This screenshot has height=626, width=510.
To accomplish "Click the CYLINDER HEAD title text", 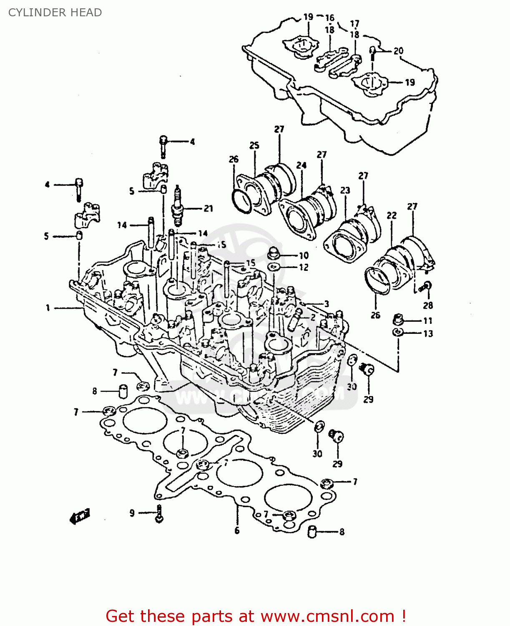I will (x=55, y=13).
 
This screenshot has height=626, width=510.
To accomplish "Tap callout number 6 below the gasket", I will (x=237, y=530).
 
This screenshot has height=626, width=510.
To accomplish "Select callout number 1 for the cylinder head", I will (x=48, y=308).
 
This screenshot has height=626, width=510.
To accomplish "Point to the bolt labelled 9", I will (x=159, y=513).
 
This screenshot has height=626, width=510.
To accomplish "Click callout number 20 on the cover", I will (x=398, y=51).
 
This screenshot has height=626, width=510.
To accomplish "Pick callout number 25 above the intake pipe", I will (x=254, y=145).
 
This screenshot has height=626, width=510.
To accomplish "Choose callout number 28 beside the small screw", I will (x=428, y=305).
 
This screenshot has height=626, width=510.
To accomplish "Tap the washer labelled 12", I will (x=274, y=267).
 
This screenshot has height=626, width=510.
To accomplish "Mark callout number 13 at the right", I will (x=428, y=333).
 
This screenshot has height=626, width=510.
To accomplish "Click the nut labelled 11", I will (x=397, y=320).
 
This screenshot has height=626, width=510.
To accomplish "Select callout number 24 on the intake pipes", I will (x=301, y=165).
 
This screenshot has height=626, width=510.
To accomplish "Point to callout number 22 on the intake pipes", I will (x=392, y=215).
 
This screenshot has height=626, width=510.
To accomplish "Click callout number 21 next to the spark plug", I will (x=209, y=208).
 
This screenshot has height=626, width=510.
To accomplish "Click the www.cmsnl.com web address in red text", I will (x=328, y=616).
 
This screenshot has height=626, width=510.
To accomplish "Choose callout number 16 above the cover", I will (x=330, y=18).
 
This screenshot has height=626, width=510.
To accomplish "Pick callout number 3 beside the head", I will (x=327, y=304).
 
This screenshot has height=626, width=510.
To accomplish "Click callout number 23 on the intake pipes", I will (x=345, y=190).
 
